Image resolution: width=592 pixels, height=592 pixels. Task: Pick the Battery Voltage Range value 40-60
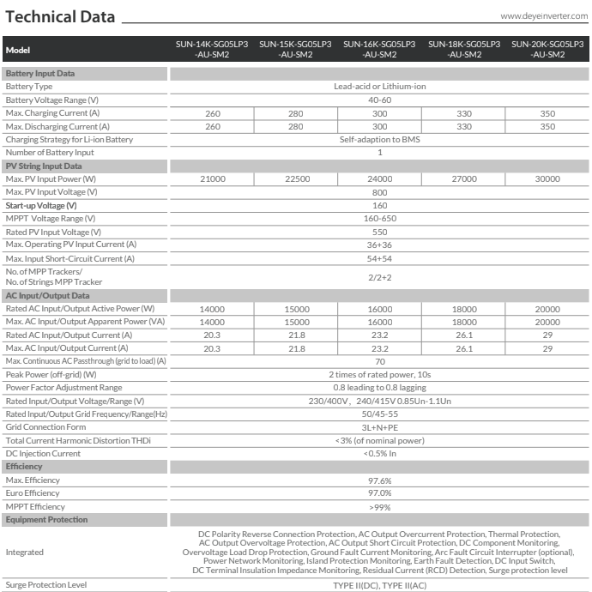click(379, 100)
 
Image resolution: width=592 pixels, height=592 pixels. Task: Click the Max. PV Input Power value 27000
click(463, 178)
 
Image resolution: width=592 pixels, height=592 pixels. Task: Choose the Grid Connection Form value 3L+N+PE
click(379, 426)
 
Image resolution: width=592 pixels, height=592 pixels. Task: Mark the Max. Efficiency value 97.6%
click(379, 480)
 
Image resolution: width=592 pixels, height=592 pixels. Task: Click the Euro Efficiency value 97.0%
click(379, 492)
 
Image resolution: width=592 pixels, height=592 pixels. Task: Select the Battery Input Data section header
click(40, 74)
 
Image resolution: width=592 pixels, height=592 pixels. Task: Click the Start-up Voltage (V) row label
click(41, 205)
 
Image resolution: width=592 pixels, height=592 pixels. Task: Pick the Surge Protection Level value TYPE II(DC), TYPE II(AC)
click(379, 584)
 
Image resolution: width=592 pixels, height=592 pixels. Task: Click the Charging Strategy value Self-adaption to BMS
click(379, 139)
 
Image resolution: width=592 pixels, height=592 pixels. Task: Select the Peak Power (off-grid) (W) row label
click(51, 374)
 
